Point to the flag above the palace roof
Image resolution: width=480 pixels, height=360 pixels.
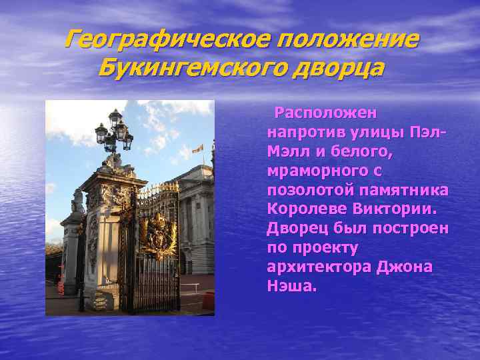(198, 148)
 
